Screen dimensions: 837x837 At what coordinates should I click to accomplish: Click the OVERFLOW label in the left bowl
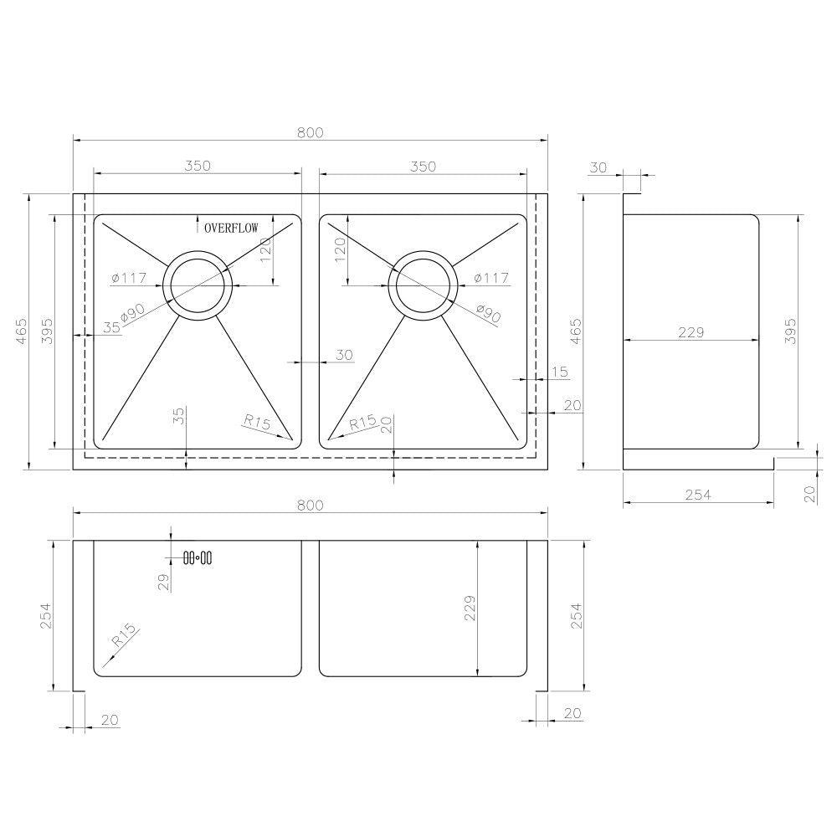click(x=232, y=227)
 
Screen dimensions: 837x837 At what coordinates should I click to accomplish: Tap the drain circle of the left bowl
click(x=198, y=285)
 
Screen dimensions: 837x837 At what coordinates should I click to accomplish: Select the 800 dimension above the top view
click(x=310, y=132)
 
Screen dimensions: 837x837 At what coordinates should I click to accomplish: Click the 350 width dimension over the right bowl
click(x=423, y=166)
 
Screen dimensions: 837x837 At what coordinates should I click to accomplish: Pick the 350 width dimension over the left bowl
click(x=197, y=166)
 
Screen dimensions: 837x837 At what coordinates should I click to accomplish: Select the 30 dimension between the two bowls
click(x=344, y=355)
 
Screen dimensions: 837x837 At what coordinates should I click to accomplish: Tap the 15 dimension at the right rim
click(x=560, y=371)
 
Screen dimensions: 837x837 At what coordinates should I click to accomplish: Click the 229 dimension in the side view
click(x=691, y=332)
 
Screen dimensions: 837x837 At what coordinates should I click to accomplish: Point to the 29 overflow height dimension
click(x=164, y=580)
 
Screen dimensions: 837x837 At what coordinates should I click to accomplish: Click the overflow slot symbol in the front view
click(x=198, y=557)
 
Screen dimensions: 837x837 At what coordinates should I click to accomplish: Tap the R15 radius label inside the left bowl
click(x=257, y=423)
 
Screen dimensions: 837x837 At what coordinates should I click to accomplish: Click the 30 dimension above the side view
click(x=598, y=167)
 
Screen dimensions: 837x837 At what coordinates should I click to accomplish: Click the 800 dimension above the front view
click(x=310, y=505)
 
